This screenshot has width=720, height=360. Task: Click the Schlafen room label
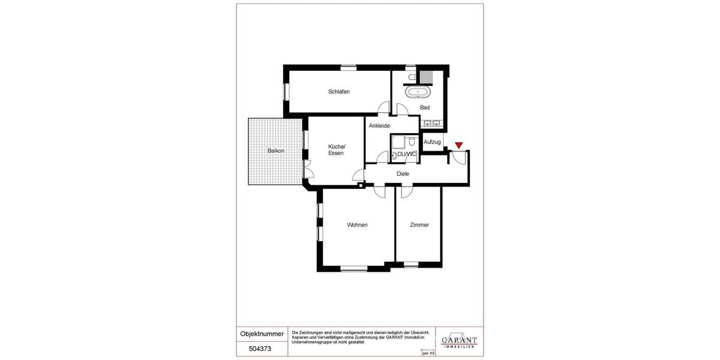(339, 92)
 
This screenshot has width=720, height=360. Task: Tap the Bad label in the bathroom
(425, 107)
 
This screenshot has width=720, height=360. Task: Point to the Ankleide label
(379, 125)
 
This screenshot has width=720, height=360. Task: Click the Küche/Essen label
(336, 150)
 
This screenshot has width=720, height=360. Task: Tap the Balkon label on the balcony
(276, 151)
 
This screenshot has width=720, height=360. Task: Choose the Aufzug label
(432, 142)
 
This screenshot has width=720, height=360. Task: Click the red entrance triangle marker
(459, 145)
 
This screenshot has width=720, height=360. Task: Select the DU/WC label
(407, 155)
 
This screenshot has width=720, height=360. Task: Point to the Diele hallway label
(403, 173)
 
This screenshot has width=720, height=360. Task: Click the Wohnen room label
(357, 225)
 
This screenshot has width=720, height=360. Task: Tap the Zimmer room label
(419, 225)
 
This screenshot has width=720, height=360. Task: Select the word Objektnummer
(260, 333)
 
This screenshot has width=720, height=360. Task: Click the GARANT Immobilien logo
(459, 340)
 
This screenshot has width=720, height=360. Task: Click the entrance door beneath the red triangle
(459, 157)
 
